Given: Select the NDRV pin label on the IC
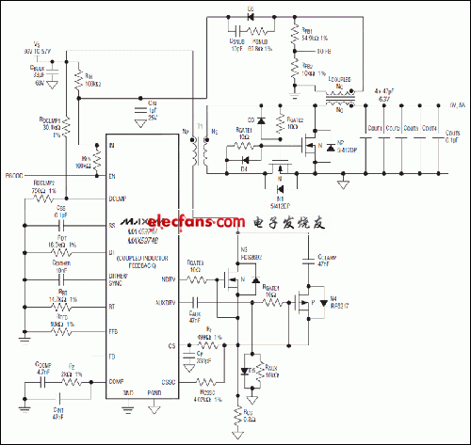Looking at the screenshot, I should [169, 278].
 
